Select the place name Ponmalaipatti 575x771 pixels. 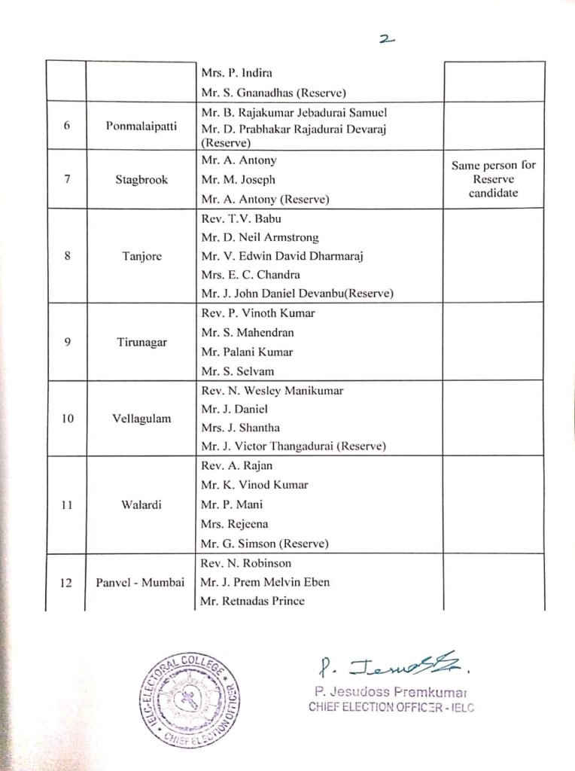point(141,126)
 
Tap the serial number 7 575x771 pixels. point(67,180)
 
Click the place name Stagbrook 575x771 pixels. point(141,180)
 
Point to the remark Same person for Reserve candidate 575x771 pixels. point(494,179)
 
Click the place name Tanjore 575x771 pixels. point(141,256)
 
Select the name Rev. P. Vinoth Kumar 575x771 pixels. point(257,313)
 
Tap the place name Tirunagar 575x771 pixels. point(141,342)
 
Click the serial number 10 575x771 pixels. point(67,419)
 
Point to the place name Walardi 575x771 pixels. point(141,504)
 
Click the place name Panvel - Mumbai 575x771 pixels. point(141,582)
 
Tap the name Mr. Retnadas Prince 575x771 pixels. point(252,601)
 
